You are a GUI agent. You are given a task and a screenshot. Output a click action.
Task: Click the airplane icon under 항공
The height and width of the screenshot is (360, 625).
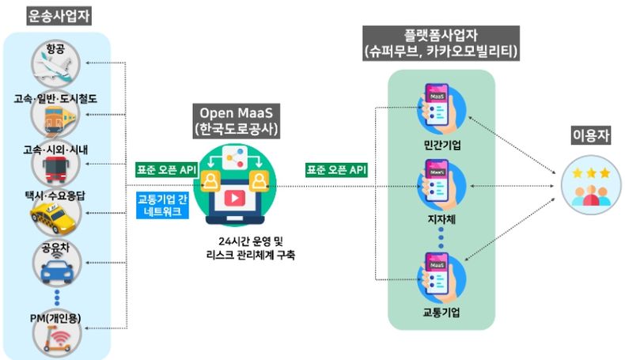point(54,67)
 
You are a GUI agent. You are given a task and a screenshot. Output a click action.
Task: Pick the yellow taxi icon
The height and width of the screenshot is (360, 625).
point(54,218)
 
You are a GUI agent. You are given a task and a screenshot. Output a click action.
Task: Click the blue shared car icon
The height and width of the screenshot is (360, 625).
point(58,269)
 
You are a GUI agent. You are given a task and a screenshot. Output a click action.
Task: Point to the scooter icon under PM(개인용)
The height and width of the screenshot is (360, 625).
point(57,339)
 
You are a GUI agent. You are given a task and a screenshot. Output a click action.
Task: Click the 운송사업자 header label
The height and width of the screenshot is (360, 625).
point(59,17)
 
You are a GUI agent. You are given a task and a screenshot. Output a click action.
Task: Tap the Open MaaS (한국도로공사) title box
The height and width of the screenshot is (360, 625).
point(236,121)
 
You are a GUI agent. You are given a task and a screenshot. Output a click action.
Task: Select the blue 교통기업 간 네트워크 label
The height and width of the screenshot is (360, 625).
point(162,205)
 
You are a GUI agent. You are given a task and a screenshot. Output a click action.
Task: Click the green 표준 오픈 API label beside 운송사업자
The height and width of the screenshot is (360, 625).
point(167,170)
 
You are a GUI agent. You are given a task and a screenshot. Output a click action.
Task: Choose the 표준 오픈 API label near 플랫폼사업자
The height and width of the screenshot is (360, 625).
point(336,170)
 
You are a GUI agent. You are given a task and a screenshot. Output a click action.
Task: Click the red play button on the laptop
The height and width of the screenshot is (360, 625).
point(234,198)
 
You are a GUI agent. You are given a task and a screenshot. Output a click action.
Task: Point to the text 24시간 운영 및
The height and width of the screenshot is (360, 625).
point(251,241)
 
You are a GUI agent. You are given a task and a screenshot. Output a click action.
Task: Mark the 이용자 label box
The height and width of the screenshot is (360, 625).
point(591,135)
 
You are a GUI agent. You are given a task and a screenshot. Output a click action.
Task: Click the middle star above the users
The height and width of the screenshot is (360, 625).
point(591,172)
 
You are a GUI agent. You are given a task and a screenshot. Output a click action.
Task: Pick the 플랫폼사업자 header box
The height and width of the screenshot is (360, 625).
point(441,44)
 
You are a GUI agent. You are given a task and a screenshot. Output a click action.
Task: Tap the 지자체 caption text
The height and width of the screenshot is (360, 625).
point(441,219)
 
